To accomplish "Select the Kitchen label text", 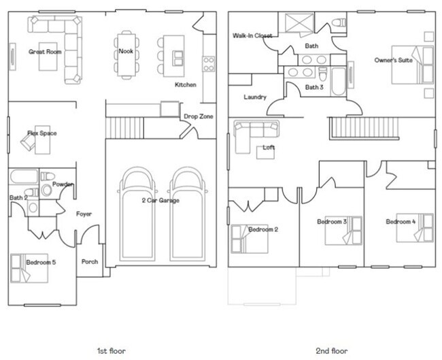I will click(186, 85).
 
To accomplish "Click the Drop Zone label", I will click(198, 116).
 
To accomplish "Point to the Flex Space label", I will click(42, 133).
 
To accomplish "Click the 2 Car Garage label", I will click(160, 201).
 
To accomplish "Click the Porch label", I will click(89, 262).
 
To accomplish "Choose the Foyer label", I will click(84, 214).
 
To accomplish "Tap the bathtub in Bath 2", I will click(24, 178).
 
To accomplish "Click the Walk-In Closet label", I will click(252, 35).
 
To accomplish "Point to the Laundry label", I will click(255, 97).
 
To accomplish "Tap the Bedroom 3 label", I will click(332, 222).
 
